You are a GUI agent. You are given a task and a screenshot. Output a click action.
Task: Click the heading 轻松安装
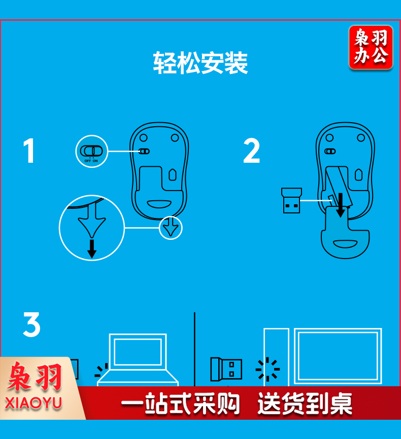(x=200, y=63)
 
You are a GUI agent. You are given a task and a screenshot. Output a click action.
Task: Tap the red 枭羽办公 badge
(x=371, y=47)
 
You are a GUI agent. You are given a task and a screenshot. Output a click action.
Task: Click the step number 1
(x=29, y=151)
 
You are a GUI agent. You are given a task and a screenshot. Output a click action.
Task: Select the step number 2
(x=252, y=151)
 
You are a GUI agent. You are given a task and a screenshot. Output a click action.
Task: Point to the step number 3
(x=31, y=324)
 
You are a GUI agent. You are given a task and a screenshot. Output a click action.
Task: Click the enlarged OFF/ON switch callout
(x=91, y=151)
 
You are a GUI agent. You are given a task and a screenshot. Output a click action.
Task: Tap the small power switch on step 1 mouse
(x=145, y=152)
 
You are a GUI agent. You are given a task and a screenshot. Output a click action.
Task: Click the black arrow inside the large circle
(x=92, y=248)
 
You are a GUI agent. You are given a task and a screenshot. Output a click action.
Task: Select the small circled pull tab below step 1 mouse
(x=171, y=228)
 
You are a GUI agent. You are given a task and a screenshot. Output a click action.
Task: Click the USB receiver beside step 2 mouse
(x=292, y=200)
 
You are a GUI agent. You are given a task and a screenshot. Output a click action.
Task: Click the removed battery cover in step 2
(x=345, y=233)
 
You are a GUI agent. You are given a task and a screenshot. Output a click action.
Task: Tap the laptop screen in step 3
(x=138, y=352)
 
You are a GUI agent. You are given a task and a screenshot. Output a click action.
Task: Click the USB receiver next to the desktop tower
(x=226, y=369)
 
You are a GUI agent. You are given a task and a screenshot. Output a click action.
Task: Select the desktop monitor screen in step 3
(x=338, y=356)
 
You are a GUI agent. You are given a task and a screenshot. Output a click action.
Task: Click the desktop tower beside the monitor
(x=276, y=357)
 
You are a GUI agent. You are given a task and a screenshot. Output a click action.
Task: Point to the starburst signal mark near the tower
(x=268, y=369)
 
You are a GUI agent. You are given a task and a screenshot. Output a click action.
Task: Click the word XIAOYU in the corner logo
(x=34, y=403)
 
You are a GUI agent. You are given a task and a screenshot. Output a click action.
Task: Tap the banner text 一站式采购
(x=180, y=403)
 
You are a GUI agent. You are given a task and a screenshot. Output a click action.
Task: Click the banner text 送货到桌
(x=305, y=403)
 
